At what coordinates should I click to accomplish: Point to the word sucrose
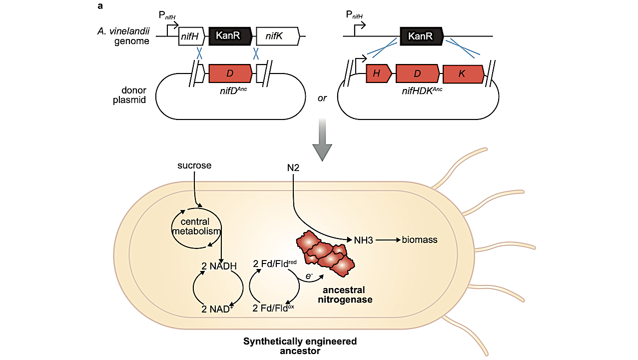tap(194, 165)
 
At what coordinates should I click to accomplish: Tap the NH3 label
tap(364, 240)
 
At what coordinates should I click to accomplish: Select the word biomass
tap(420, 240)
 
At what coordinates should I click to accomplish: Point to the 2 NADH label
tap(219, 265)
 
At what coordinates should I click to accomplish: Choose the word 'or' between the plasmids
tap(322, 98)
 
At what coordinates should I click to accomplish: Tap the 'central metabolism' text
tap(196, 226)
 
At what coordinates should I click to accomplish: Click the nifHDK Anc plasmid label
tap(423, 90)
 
